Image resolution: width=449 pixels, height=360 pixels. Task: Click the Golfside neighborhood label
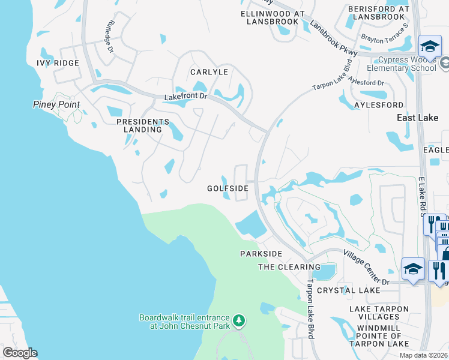(228, 188)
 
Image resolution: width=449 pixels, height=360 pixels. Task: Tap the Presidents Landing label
(139, 125)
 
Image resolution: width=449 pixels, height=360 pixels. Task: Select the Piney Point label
(56, 104)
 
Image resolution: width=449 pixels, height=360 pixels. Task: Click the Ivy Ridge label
(58, 63)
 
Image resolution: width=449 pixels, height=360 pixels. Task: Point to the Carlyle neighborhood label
(209, 72)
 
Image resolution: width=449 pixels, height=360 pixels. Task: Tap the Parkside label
(261, 254)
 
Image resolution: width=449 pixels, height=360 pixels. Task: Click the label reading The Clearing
(289, 267)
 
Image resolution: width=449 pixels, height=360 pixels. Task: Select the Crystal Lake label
(349, 290)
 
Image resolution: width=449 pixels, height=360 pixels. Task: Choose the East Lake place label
(418, 118)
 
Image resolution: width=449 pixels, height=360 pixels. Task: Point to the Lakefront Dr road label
(185, 97)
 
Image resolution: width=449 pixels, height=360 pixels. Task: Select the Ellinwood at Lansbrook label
(273, 17)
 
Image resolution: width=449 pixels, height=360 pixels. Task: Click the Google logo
(20, 353)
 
